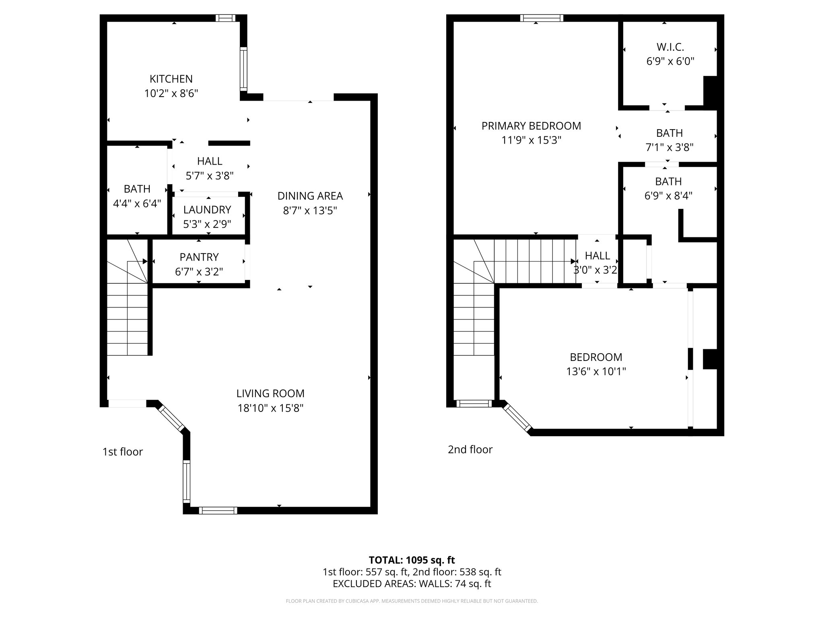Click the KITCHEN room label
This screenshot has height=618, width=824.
[171, 79]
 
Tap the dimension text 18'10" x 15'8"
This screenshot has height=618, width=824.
[270, 408]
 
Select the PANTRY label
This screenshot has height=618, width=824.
[199, 257]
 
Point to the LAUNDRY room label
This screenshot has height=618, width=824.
[207, 210]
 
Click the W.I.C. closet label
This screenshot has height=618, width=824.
[670, 47]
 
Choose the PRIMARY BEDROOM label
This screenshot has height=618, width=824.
[531, 126]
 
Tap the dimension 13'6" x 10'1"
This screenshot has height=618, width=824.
[596, 371]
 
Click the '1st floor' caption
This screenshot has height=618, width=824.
[122, 452]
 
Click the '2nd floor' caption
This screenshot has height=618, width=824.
[470, 449]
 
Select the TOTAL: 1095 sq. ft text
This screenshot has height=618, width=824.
[412, 560]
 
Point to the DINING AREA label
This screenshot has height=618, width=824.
[310, 196]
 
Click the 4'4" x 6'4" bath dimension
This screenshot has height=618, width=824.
[137, 204]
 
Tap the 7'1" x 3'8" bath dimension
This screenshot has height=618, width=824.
[669, 148]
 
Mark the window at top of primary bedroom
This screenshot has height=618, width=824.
[541, 18]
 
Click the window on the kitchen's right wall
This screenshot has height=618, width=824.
[243, 68]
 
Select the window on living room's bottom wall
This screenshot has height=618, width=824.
[218, 511]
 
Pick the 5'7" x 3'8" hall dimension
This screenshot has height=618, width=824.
[209, 176]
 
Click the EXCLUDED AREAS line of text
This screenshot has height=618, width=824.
[412, 584]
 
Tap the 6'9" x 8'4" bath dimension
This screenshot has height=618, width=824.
[668, 196]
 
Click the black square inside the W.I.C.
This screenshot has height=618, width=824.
[710, 91]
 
